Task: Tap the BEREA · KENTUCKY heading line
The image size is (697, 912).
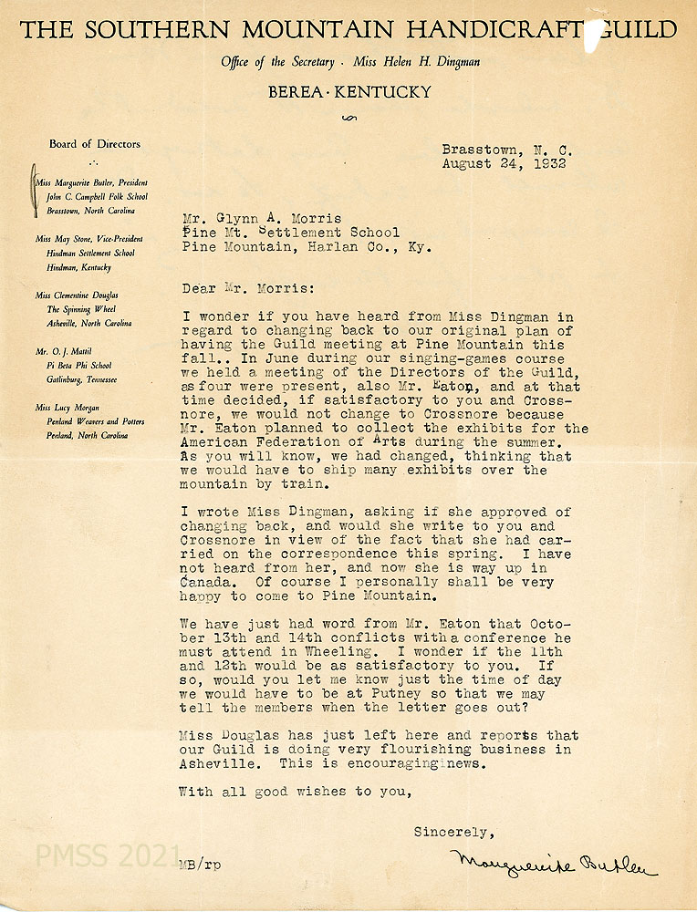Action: (x=348, y=92)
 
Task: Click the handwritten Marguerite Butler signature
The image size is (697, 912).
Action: (x=552, y=863)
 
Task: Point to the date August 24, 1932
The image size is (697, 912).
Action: (x=504, y=164)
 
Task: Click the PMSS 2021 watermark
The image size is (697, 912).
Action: (x=108, y=855)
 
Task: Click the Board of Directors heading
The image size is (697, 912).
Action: (x=95, y=143)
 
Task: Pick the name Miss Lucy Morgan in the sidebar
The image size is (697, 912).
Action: (x=68, y=408)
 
